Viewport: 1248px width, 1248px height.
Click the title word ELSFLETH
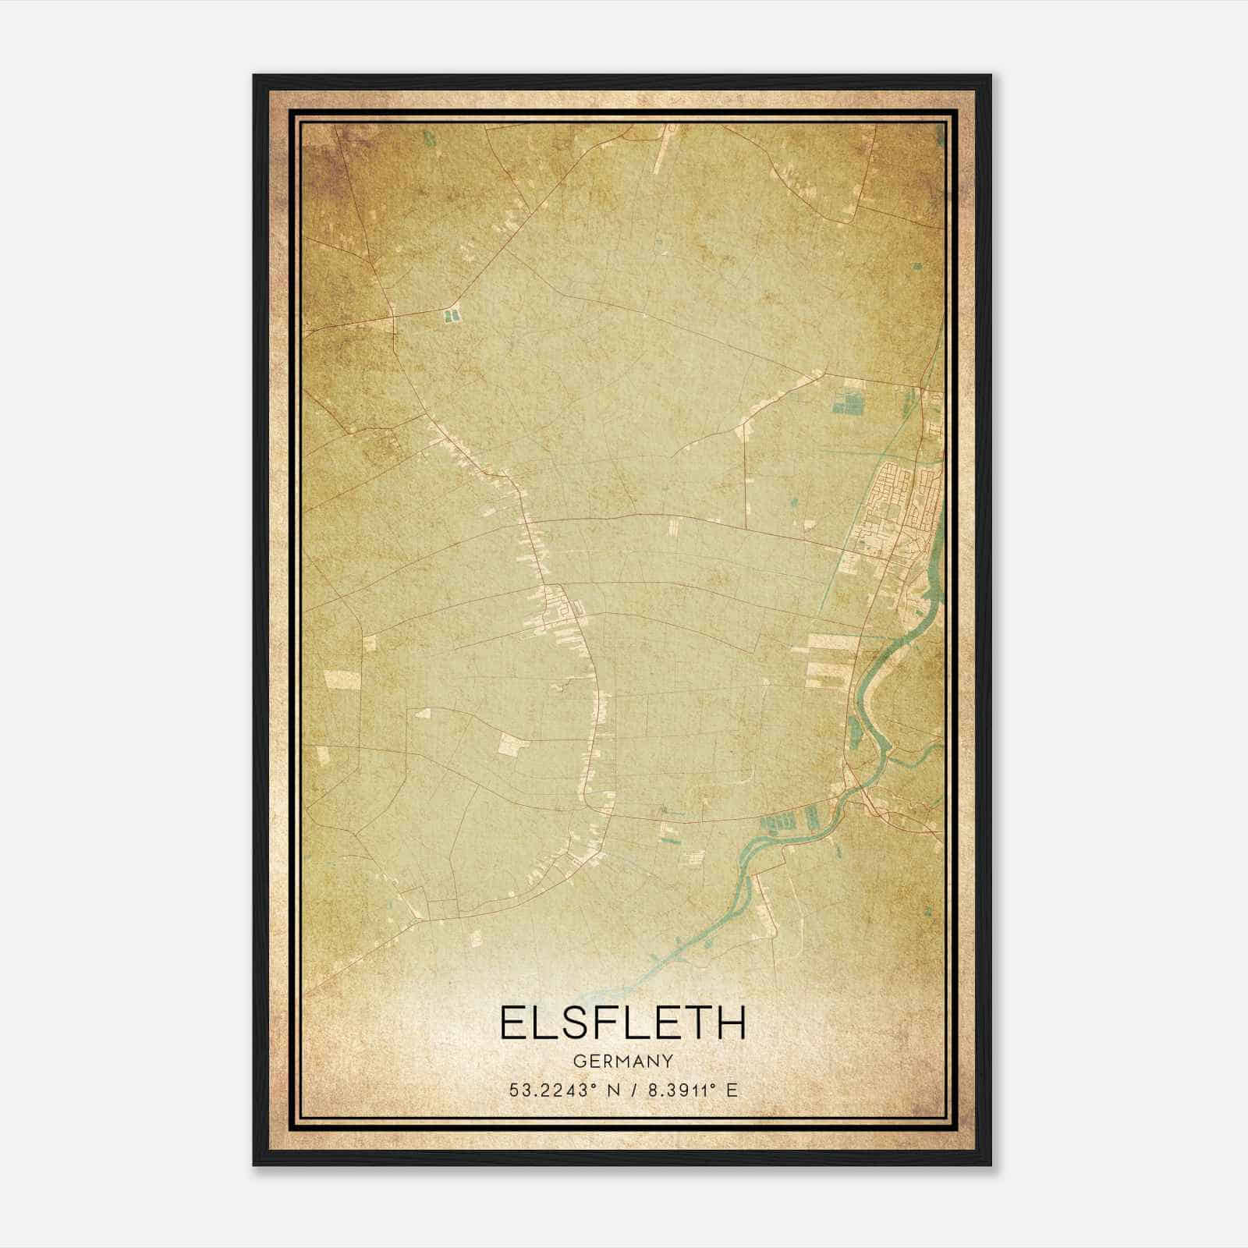[x=622, y=1023]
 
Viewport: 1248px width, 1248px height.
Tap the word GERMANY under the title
[x=622, y=1061]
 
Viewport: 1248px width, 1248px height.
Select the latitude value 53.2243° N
[x=555, y=1090]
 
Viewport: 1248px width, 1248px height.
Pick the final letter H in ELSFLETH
[x=732, y=1023]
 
